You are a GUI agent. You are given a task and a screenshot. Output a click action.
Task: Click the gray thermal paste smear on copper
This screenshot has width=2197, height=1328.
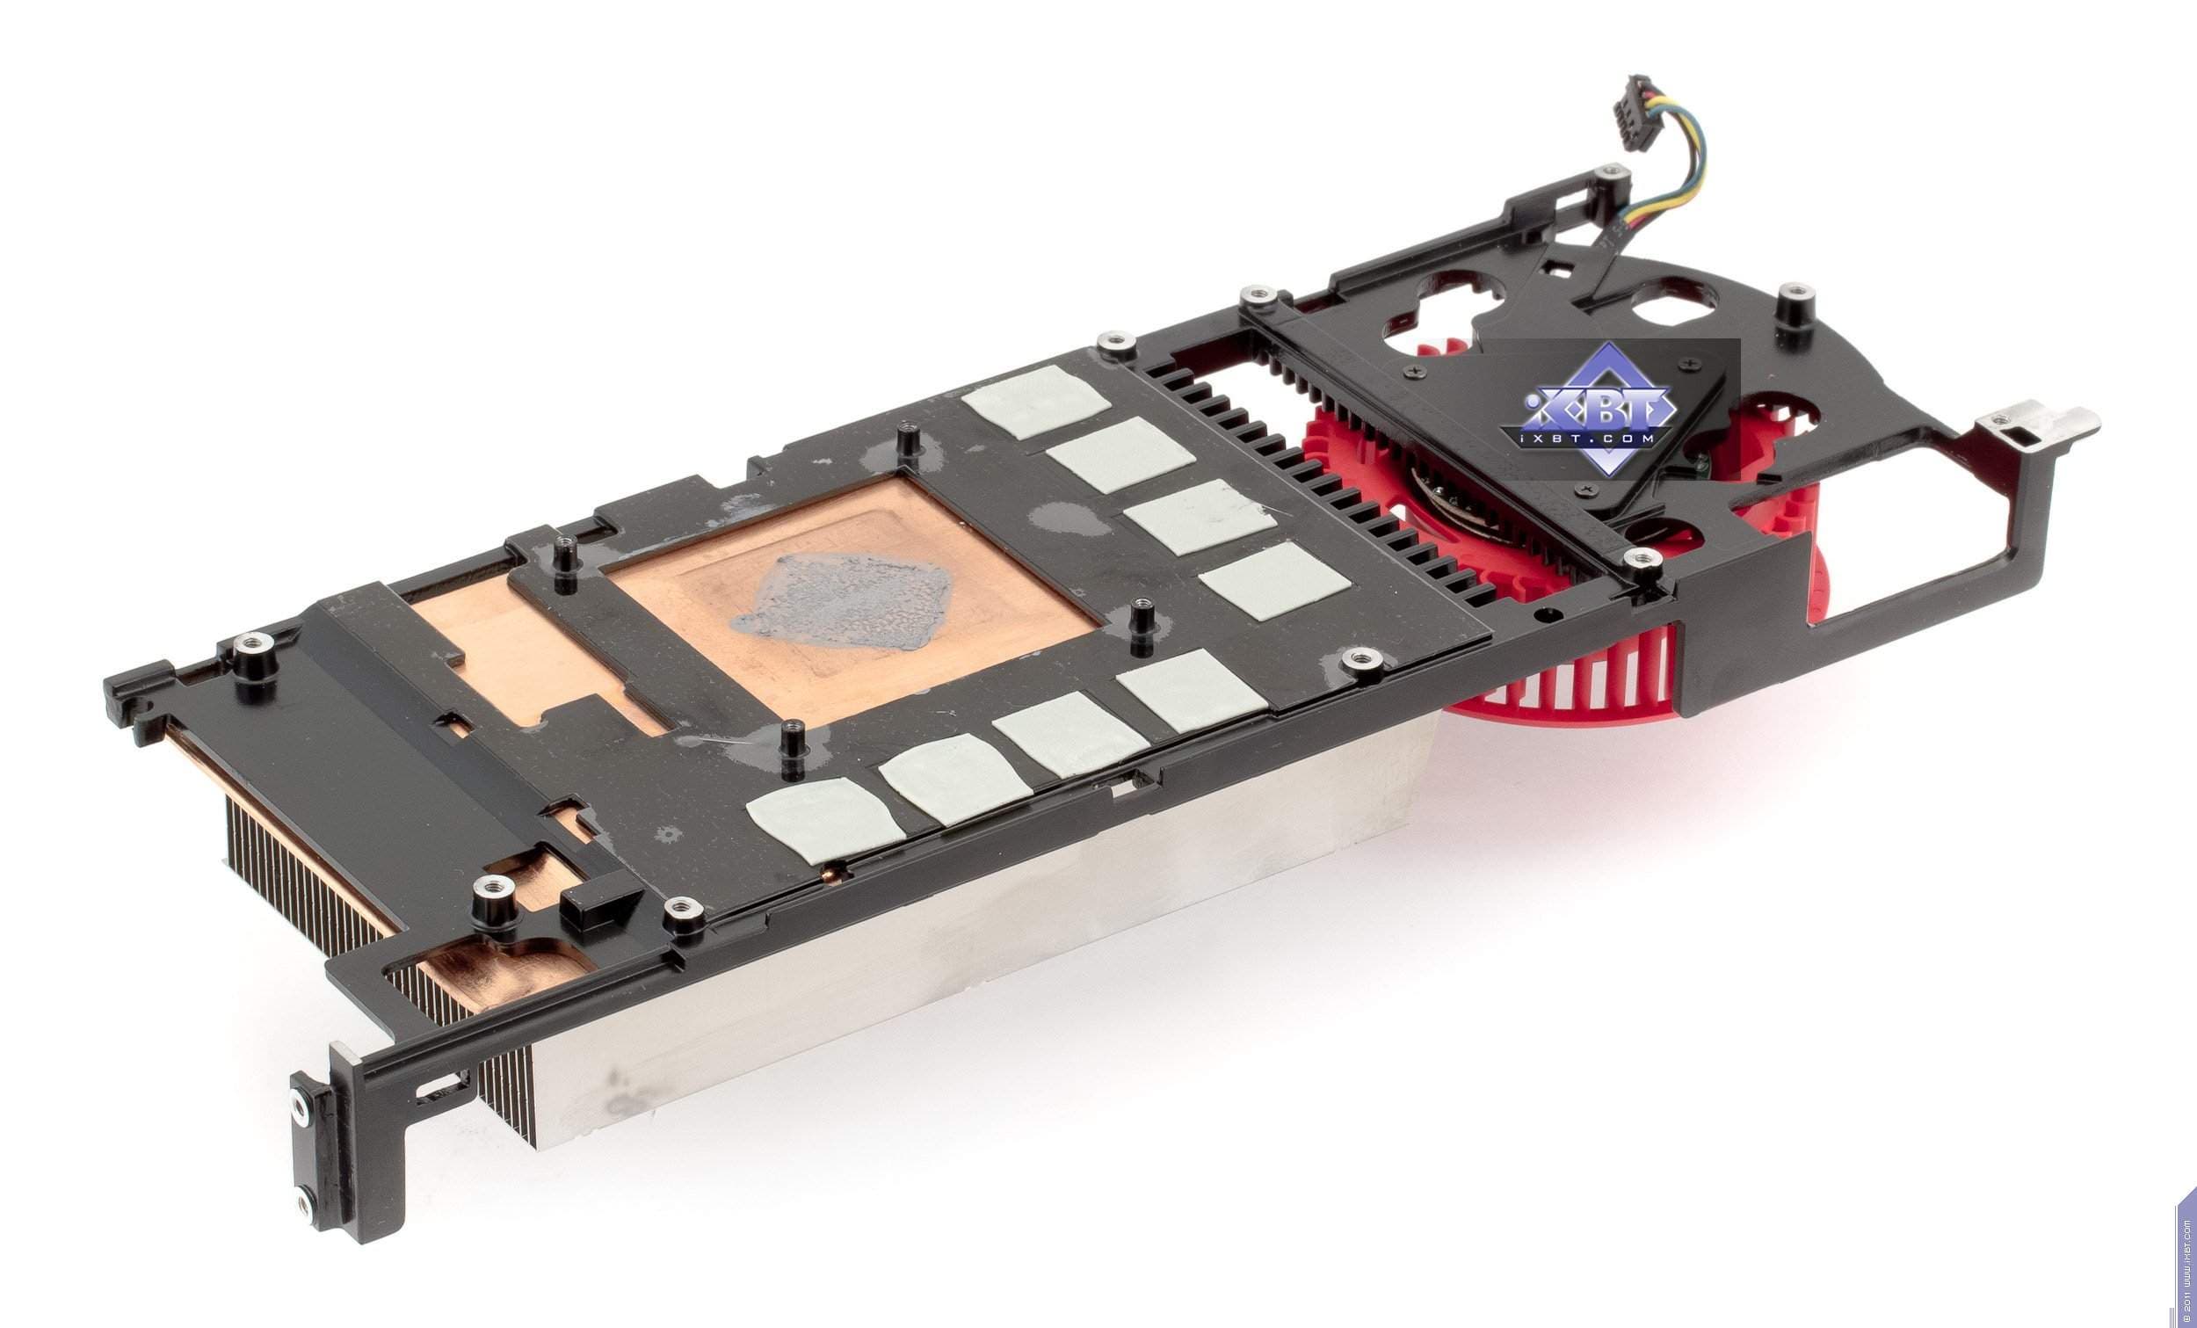point(844,594)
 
